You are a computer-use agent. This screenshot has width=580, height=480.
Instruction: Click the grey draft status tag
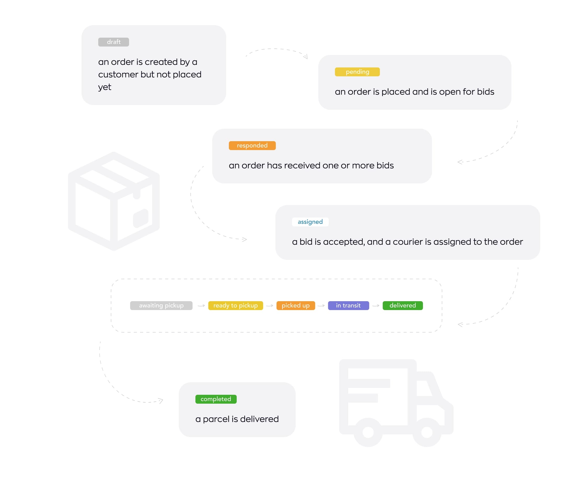113,42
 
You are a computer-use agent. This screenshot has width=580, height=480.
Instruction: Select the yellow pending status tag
357,72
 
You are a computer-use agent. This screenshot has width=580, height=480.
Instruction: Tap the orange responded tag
252,146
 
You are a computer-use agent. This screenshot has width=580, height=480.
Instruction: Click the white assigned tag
310,222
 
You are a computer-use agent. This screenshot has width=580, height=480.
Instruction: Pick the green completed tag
216,399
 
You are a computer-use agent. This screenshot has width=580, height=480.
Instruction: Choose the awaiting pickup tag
161,305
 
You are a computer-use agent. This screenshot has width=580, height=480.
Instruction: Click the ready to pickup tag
236,305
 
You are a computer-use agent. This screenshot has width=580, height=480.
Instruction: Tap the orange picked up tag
295,305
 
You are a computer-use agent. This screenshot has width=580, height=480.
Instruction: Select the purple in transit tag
348,305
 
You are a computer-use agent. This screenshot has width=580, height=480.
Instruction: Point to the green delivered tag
403,305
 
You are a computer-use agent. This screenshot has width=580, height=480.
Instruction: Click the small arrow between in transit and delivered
376,306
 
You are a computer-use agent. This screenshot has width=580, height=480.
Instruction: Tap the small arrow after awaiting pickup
201,306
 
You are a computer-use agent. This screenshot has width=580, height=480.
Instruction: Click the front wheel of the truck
427,432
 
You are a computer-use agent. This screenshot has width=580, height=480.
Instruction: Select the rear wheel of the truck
368,432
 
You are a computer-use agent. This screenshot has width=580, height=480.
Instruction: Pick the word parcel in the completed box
216,420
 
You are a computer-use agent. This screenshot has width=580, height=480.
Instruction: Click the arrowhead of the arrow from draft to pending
305,57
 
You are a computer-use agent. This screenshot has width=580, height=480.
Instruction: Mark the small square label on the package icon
141,218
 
